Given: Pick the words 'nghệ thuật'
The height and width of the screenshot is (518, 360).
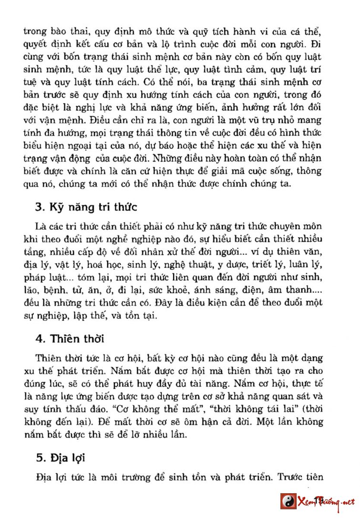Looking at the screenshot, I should click(x=183, y=263).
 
